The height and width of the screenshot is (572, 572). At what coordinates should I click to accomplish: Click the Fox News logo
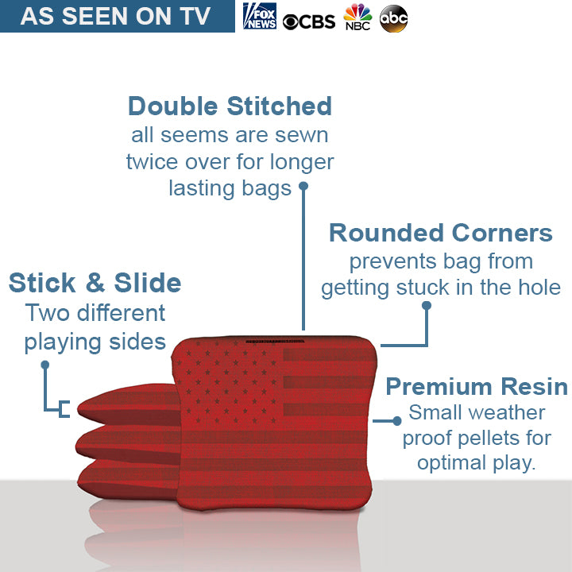click(260, 16)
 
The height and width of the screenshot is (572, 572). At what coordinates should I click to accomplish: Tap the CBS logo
click(308, 21)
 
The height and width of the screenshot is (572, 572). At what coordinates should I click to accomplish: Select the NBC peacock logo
click(357, 17)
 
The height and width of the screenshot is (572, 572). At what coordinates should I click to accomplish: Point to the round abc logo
click(394, 18)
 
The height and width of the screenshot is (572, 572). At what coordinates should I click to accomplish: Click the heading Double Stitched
click(230, 106)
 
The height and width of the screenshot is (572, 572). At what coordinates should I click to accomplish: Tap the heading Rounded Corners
click(440, 233)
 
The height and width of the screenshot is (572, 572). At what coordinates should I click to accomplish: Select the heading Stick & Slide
click(95, 283)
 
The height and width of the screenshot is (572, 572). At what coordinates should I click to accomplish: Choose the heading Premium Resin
click(477, 387)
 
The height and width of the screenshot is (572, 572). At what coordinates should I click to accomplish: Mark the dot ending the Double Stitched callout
click(303, 187)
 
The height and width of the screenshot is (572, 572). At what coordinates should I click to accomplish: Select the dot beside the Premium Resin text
click(397, 420)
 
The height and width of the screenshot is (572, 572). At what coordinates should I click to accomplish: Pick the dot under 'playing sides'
click(45, 365)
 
